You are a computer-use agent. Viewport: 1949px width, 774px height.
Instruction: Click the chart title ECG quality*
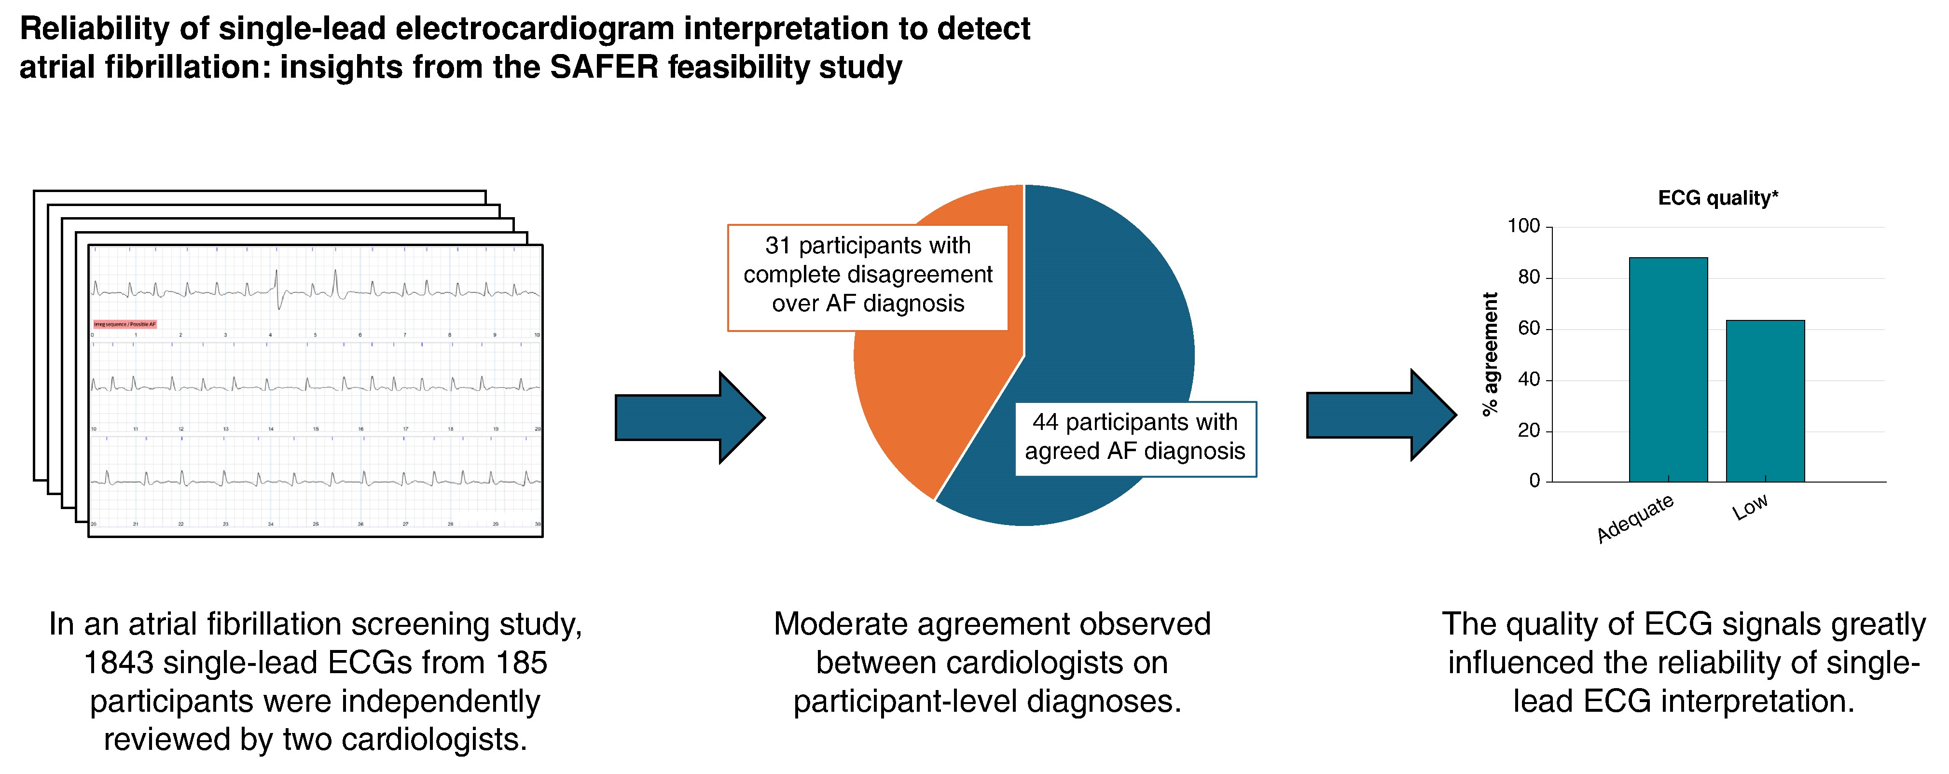(x=1717, y=198)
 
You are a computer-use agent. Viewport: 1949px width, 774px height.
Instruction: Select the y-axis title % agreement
(x=1490, y=354)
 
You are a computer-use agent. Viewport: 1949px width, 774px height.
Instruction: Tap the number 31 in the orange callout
(x=777, y=246)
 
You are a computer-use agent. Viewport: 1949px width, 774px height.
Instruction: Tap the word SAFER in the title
(x=605, y=68)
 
